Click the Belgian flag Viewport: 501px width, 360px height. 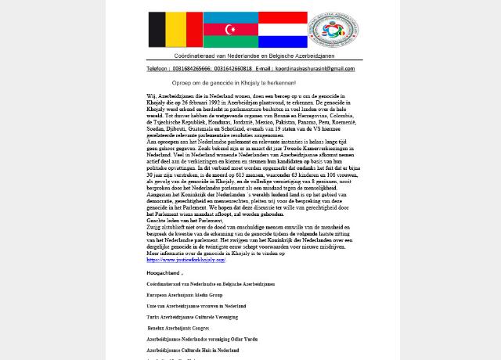pyautogui.click(x=175, y=30)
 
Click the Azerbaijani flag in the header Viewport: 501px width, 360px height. pyautogui.click(x=230, y=30)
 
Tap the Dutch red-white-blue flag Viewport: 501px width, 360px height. pyautogui.click(x=283, y=30)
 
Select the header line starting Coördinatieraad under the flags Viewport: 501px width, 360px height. pyautogui.click(x=254, y=56)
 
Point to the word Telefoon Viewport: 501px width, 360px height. pyautogui.click(x=157, y=69)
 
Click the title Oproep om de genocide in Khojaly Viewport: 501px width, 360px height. pyautogui.click(x=233, y=83)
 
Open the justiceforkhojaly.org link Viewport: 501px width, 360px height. pyautogui.click(x=186, y=260)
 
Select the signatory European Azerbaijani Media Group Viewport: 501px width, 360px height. pyautogui.click(x=185, y=295)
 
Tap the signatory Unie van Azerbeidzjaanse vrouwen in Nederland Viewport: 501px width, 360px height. pyautogui.click(x=196, y=306)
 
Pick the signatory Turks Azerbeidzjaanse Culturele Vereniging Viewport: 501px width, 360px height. pyautogui.click(x=192, y=317)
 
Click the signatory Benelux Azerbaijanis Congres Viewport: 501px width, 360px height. pyautogui.click(x=178, y=328)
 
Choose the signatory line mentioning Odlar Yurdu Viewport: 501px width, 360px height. pyautogui.click(x=202, y=339)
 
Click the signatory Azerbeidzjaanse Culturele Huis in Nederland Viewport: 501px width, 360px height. pyautogui.click(x=193, y=350)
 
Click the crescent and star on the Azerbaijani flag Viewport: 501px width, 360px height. pyautogui.click(x=230, y=30)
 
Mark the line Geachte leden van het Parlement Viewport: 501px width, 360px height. pyautogui.click(x=185, y=221)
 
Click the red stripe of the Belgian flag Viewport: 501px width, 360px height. pyautogui.click(x=193, y=30)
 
